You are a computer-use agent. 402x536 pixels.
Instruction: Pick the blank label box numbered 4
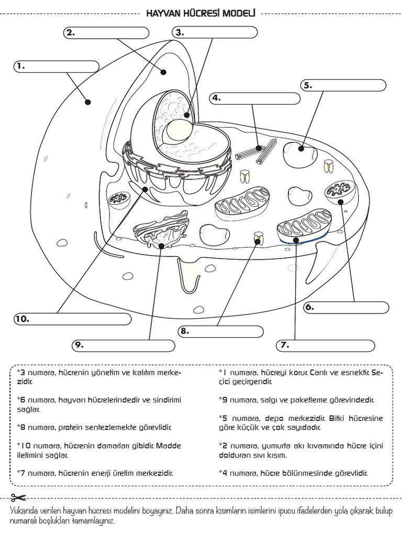coord(254,98)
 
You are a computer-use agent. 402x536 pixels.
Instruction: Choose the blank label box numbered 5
coord(343,85)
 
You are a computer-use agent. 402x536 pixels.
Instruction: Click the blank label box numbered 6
coord(347,308)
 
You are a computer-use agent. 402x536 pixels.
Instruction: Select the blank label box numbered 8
coord(220,331)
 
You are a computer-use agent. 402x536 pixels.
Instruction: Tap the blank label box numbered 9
coord(122,345)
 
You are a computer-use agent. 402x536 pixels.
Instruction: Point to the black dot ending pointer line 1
coord(87,102)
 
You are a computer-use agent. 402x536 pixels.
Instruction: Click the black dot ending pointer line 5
coord(301,149)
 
